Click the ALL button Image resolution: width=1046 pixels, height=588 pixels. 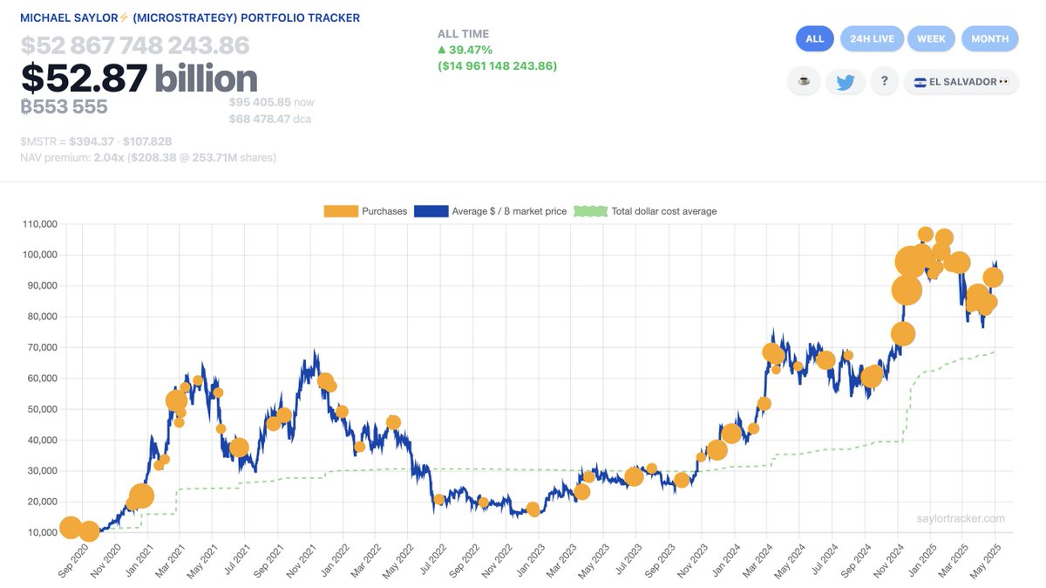[x=814, y=38]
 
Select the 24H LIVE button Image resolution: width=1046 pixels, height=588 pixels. [x=872, y=38]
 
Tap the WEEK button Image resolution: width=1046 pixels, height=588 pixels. [x=931, y=38]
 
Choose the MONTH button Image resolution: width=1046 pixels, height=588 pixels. [x=989, y=38]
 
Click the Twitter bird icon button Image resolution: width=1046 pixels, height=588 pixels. [x=845, y=82]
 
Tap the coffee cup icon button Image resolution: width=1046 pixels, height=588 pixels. [x=803, y=82]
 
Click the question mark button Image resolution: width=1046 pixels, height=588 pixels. [x=884, y=82]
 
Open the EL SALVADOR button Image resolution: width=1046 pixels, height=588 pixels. [x=961, y=82]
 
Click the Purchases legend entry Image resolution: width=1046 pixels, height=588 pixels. [x=366, y=211]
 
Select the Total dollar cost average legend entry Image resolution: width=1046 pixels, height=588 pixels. [x=645, y=211]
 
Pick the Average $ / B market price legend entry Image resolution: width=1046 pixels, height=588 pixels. [x=490, y=211]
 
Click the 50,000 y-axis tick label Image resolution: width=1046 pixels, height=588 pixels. [x=38, y=409]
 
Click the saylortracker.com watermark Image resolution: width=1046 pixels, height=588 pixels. [x=961, y=518]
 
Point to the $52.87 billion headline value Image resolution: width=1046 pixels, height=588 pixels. [x=139, y=79]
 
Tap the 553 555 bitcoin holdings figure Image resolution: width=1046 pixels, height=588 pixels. [x=65, y=106]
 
